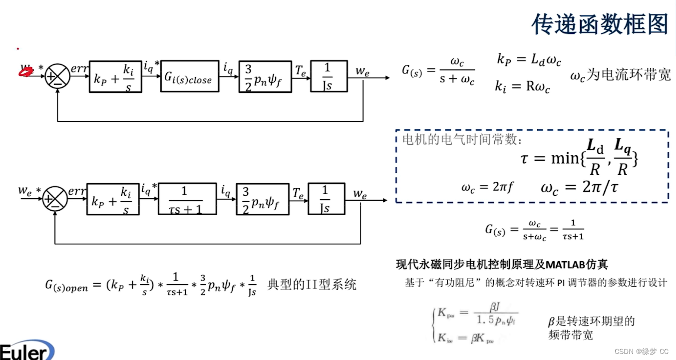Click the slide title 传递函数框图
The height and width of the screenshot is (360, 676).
[600, 24]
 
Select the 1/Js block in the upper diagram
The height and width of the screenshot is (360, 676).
[329, 76]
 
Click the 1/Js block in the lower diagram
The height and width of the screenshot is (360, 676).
[326, 199]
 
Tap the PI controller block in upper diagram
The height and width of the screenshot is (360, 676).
[115, 76]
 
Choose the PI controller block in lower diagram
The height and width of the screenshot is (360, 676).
[113, 199]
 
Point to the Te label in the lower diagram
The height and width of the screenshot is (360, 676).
[298, 193]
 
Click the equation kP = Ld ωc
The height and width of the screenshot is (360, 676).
[529, 60]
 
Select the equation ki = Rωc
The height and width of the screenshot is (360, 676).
[522, 86]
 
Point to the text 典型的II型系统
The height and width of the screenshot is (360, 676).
[312, 285]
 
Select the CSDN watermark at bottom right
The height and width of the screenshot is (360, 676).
[642, 352]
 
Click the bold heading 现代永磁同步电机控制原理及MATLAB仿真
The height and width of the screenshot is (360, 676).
[502, 264]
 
